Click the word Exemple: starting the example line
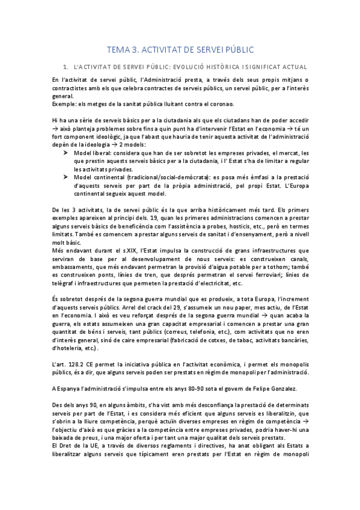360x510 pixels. pos(66,104)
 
